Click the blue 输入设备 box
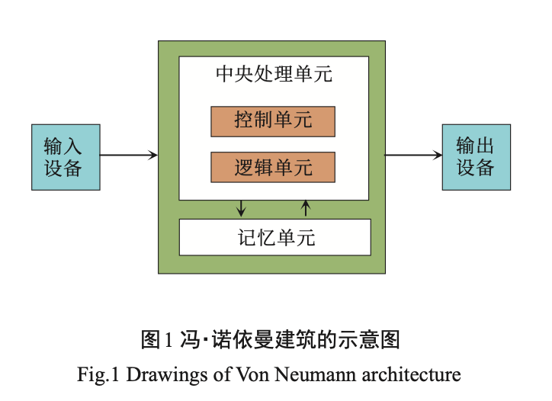click(x=65, y=157)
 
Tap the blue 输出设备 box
click(x=476, y=157)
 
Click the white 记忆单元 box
click(x=274, y=237)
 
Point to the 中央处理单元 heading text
click(x=274, y=75)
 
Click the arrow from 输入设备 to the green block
click(x=128, y=156)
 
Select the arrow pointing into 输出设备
click(x=412, y=156)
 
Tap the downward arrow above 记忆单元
click(x=242, y=207)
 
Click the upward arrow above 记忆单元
click(x=306, y=207)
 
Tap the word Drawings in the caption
click(x=161, y=374)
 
